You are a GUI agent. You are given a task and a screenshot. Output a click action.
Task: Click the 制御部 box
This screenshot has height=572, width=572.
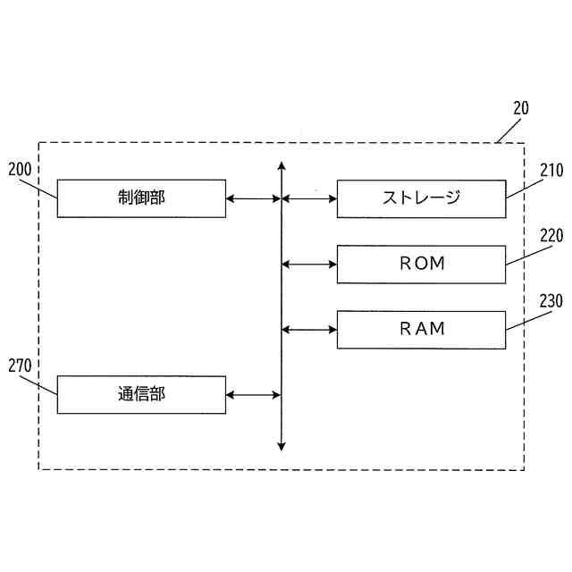(141, 198)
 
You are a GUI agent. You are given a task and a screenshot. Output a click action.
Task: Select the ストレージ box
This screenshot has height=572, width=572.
(421, 198)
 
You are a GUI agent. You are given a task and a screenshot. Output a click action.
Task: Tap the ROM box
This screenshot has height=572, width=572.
(421, 264)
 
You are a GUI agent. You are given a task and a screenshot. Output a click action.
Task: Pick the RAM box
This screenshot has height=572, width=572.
(421, 329)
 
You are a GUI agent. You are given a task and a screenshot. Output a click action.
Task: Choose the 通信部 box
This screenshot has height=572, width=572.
(141, 394)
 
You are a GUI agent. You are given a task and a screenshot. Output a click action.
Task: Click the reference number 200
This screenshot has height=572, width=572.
(20, 169)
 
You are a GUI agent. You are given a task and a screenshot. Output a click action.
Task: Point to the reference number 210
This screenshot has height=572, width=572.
(551, 170)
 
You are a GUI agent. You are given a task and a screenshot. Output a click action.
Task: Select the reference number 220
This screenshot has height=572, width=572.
(551, 237)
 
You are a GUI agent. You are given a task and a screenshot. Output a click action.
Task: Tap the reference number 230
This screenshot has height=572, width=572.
(551, 301)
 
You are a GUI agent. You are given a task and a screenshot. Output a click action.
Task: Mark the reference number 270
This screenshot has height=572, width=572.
(20, 366)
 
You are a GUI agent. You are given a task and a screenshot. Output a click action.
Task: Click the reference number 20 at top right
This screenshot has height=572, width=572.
(521, 108)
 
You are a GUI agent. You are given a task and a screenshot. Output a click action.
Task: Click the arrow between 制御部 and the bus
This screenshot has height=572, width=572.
(254, 198)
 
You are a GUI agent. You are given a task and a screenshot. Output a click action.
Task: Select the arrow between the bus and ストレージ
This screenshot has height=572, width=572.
(309, 198)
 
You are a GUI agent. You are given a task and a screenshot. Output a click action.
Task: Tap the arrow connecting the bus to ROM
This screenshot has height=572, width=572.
(309, 264)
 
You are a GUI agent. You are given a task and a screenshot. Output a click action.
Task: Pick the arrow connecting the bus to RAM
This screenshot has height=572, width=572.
(309, 329)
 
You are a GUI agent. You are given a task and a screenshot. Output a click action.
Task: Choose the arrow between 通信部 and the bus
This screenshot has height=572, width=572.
(254, 394)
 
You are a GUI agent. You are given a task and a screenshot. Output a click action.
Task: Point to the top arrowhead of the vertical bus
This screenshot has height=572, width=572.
(282, 166)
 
